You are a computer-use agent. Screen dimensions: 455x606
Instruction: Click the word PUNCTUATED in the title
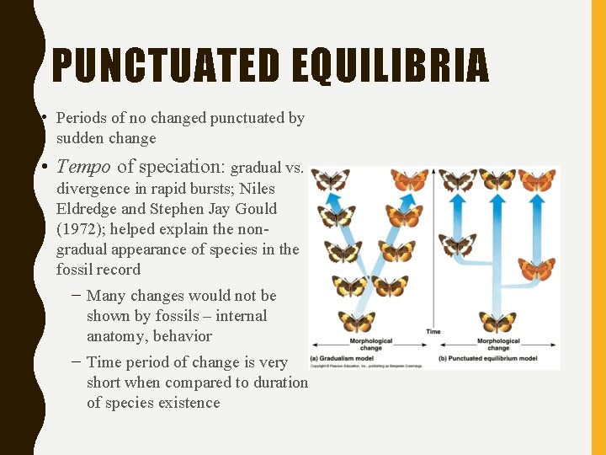(x=165, y=66)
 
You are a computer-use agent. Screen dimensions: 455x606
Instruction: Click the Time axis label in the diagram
(x=433, y=331)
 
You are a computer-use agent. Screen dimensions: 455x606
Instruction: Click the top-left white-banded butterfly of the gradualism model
(x=330, y=179)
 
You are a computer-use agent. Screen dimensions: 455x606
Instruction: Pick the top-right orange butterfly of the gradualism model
(x=409, y=179)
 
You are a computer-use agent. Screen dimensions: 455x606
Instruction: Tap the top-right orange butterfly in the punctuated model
(x=536, y=179)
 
